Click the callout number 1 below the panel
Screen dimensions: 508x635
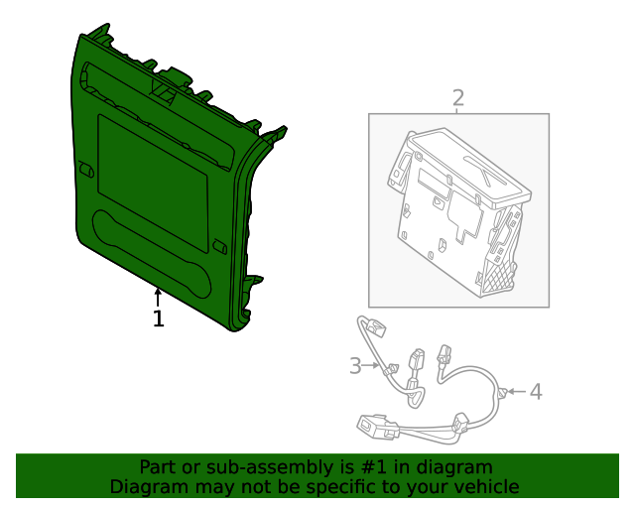(158, 318)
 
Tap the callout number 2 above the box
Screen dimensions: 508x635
(457, 97)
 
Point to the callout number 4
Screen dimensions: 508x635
(536, 392)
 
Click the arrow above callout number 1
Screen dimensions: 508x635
(158, 296)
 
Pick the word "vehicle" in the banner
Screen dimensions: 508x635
(485, 487)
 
